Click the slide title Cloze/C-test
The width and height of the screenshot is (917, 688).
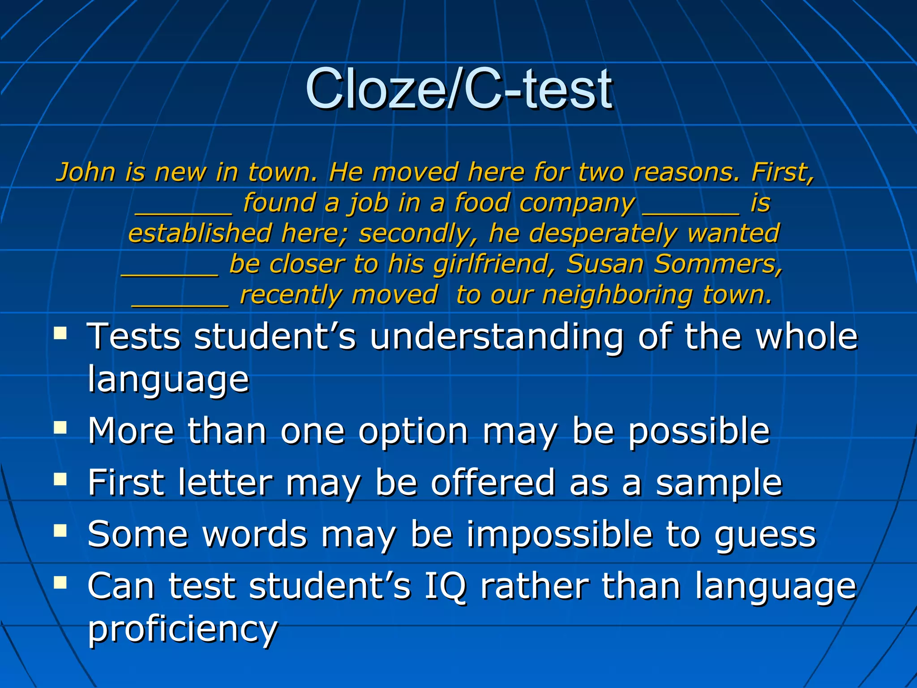click(458, 88)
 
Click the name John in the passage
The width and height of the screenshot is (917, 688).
click(86, 172)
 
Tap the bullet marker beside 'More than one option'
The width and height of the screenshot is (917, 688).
click(60, 427)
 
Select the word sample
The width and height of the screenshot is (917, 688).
click(719, 483)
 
